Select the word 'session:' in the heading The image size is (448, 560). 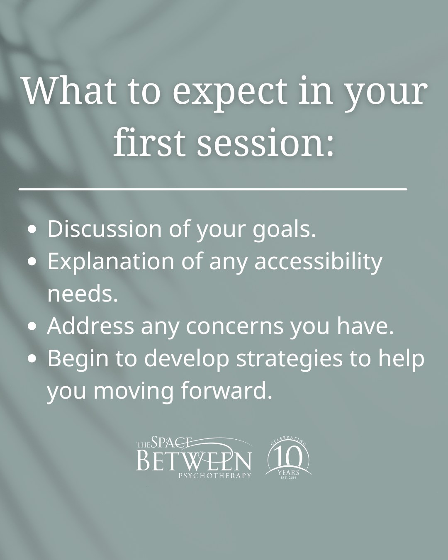(x=265, y=143)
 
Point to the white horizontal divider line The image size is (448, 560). (x=213, y=189)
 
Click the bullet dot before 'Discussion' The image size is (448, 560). (x=32, y=230)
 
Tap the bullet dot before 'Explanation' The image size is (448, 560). (x=32, y=262)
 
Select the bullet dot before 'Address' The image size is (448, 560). (x=32, y=326)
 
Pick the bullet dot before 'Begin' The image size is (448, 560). (x=32, y=359)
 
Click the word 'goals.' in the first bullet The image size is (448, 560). (x=284, y=230)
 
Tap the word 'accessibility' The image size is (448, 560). (x=318, y=262)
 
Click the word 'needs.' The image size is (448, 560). (x=83, y=294)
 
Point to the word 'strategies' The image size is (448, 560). (x=289, y=359)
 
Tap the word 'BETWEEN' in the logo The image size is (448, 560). (x=194, y=461)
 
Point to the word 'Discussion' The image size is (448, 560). (x=105, y=229)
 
